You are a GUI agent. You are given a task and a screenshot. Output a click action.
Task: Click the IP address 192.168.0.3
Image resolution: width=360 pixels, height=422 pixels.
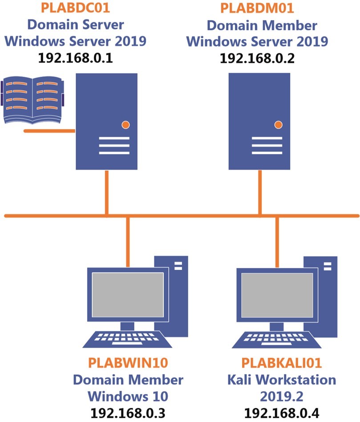pos(128,413)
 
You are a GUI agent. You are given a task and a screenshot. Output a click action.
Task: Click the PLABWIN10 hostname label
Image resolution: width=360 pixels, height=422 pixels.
pos(128,363)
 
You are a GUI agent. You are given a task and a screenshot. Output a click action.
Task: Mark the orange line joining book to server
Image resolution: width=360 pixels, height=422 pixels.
pos(49,131)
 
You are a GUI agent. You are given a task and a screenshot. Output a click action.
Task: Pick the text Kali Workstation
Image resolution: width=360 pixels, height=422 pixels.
pos(281,380)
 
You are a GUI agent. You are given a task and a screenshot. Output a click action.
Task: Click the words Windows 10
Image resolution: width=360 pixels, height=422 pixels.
pos(128,396)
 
